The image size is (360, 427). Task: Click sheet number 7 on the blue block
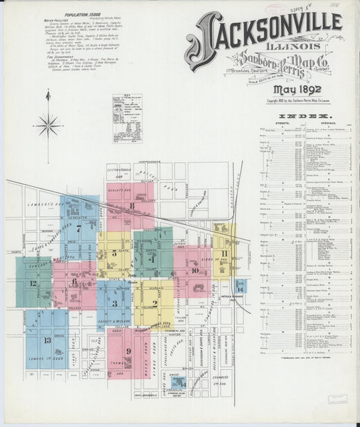tap(78, 228)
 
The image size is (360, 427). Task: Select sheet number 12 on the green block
tap(32, 283)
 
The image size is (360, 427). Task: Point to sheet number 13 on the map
tap(47, 340)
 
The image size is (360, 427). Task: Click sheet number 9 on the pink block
tap(128, 351)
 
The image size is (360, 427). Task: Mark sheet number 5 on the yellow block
tap(115, 253)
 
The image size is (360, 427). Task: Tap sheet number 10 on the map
tap(195, 270)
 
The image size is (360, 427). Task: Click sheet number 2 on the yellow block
tap(155, 304)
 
